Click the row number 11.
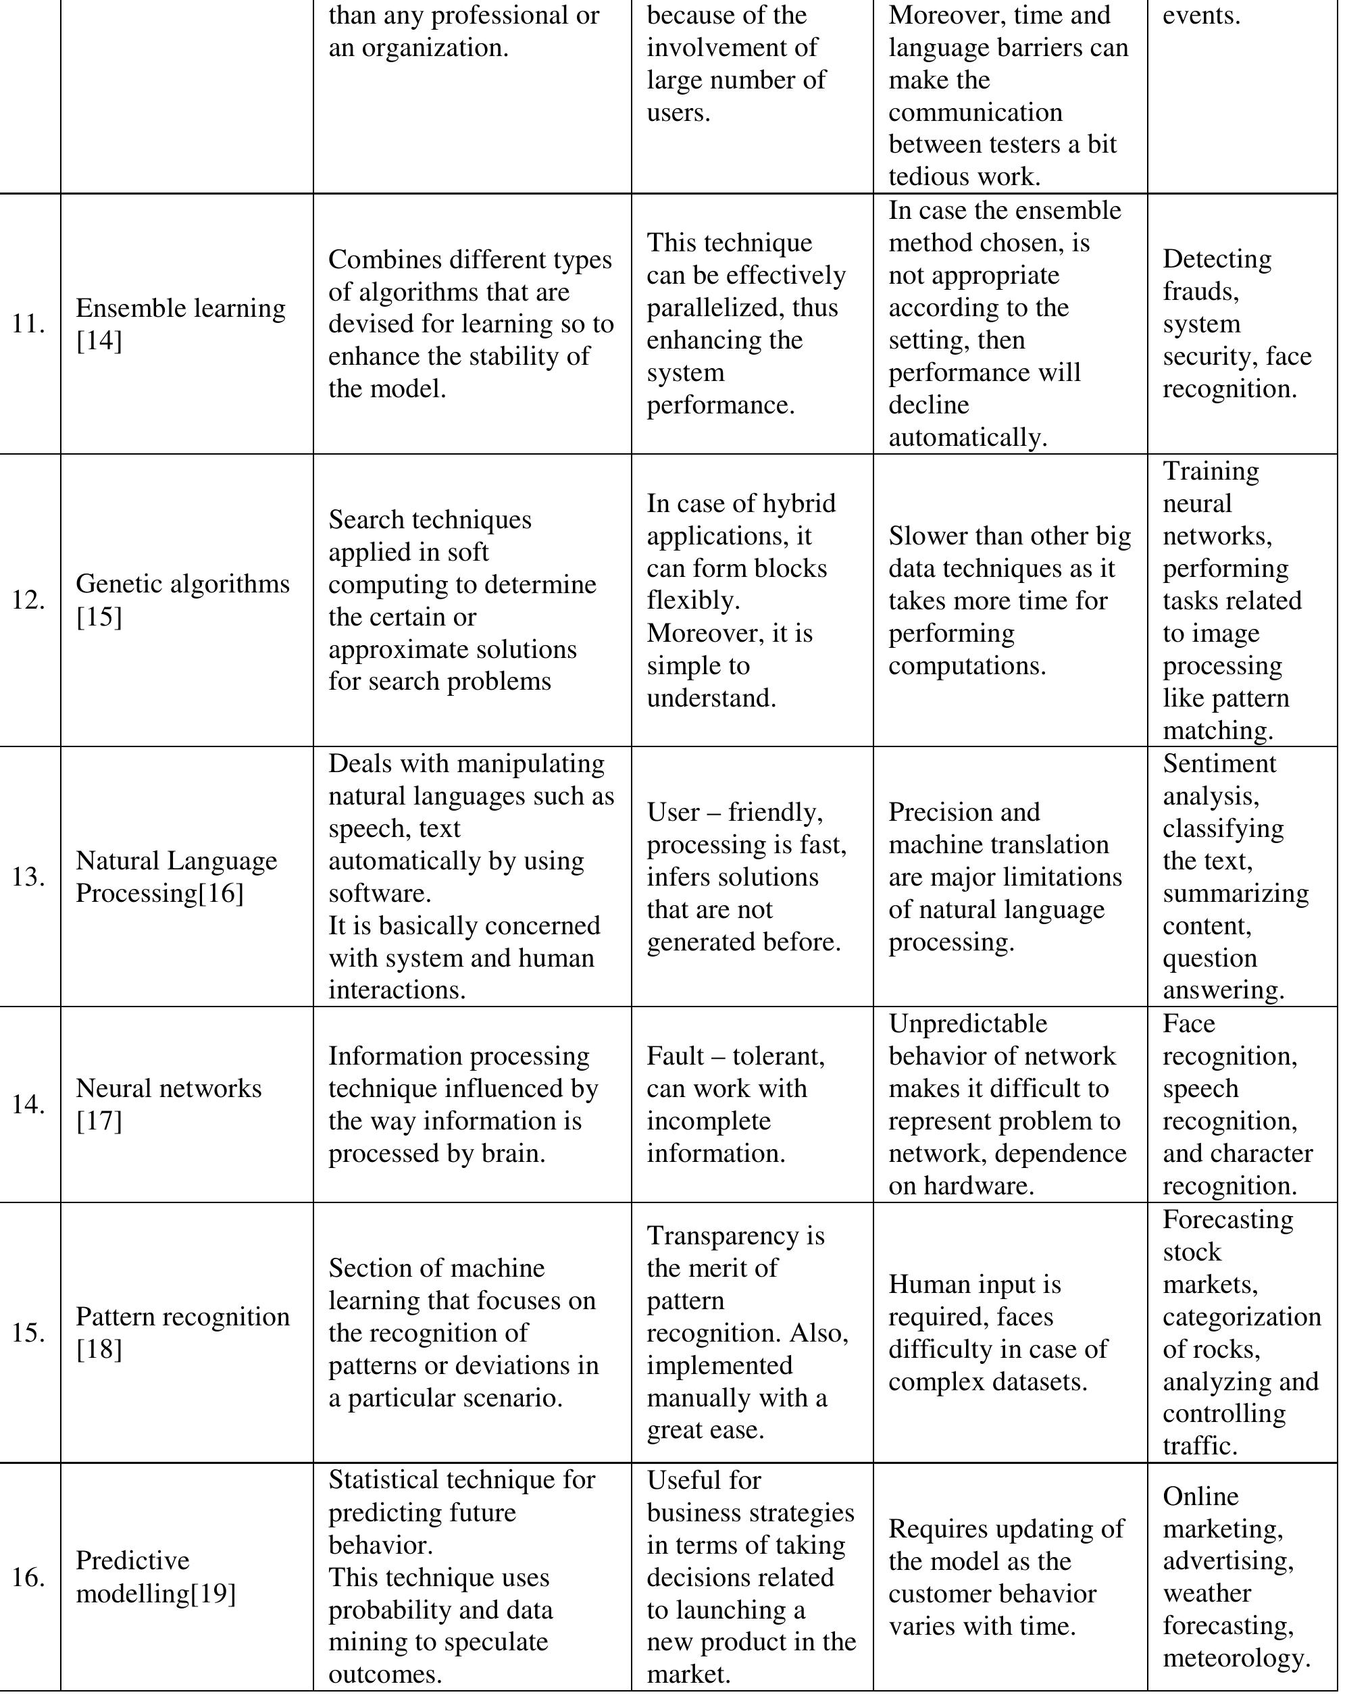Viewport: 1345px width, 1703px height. (28, 324)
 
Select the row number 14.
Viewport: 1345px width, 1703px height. (28, 1104)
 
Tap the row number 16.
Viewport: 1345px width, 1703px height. (28, 1577)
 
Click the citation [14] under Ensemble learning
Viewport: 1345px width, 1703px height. (99, 341)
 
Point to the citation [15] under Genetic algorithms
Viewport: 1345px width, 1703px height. (99, 617)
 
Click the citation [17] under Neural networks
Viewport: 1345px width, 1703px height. (99, 1121)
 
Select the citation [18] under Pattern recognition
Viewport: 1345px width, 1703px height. (99, 1350)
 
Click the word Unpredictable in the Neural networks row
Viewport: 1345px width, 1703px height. (968, 1023)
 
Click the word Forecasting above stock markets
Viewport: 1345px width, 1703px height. (1227, 1219)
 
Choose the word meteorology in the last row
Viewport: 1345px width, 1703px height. (1236, 1658)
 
